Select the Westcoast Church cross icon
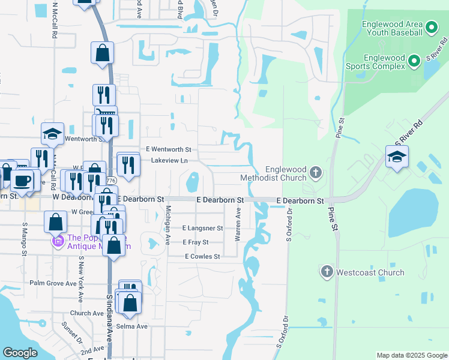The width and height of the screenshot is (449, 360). [327, 272]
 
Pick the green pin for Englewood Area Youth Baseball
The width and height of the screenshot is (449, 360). [431, 28]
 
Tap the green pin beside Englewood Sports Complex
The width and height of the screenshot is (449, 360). [414, 61]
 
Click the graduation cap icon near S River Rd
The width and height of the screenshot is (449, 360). [397, 158]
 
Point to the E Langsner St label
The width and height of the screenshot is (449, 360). [203, 229]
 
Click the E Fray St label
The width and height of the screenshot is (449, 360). [196, 242]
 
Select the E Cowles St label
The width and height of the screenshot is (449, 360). [202, 256]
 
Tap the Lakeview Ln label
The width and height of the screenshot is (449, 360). [169, 161]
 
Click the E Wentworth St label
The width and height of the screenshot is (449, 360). [168, 149]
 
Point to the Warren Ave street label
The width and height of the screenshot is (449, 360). [238, 225]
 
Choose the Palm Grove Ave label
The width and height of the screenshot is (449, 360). [53, 283]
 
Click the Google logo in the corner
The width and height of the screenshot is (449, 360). [20, 353]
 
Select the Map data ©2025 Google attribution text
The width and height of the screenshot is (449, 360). [411, 355]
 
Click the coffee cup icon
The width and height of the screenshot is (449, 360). [22, 180]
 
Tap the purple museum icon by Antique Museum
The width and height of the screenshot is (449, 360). [58, 242]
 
